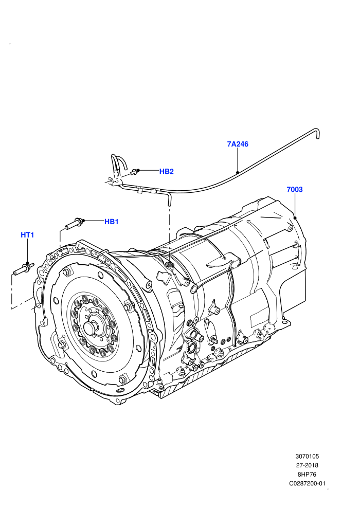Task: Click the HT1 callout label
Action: pyautogui.click(x=27, y=234)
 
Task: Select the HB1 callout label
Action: pyautogui.click(x=112, y=222)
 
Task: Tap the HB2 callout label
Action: pyautogui.click(x=166, y=171)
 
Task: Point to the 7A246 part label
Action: pyautogui.click(x=238, y=144)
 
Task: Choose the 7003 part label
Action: pyautogui.click(x=294, y=189)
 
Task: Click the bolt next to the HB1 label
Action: pyautogui.click(x=75, y=224)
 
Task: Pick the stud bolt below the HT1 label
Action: pyautogui.click(x=23, y=268)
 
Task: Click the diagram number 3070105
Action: pyautogui.click(x=307, y=456)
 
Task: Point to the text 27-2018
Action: pyautogui.click(x=307, y=465)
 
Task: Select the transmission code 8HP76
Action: pyautogui.click(x=307, y=474)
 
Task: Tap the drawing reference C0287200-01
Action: pyautogui.click(x=307, y=483)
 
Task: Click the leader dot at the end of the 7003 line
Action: pyautogui.click(x=295, y=217)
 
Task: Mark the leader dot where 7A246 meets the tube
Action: pyautogui.click(x=238, y=172)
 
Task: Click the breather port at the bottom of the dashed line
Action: pyautogui.click(x=169, y=265)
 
